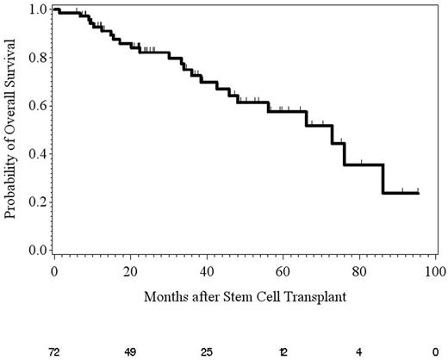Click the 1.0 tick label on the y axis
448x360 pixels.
(x=36, y=9)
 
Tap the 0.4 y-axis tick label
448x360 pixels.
(x=36, y=154)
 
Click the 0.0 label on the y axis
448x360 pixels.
(x=36, y=251)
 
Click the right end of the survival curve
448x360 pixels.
(x=419, y=193)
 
